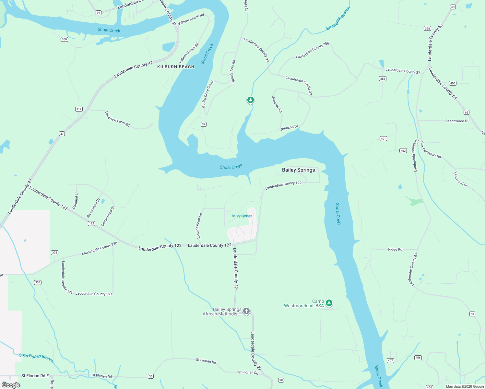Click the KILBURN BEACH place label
pos(176,67)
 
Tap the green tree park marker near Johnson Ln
pos(250,100)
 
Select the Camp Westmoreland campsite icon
pos(329,303)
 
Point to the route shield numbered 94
pos(99,13)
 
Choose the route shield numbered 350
pos(64,39)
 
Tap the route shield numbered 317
pos(79,109)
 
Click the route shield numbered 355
pos(383,78)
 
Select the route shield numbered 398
pos(427,29)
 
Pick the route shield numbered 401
pos(383,139)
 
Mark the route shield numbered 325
pos(54,253)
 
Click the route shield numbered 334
pos(38,282)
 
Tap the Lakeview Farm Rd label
pos(117,119)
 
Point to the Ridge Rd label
pos(395,249)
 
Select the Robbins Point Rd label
pos(199,226)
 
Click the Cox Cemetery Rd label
pos(431,150)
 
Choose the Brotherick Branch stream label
pos(338,19)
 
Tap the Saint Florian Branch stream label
pos(36,358)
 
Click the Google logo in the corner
pos(11,385)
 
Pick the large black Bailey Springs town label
pos(298,170)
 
